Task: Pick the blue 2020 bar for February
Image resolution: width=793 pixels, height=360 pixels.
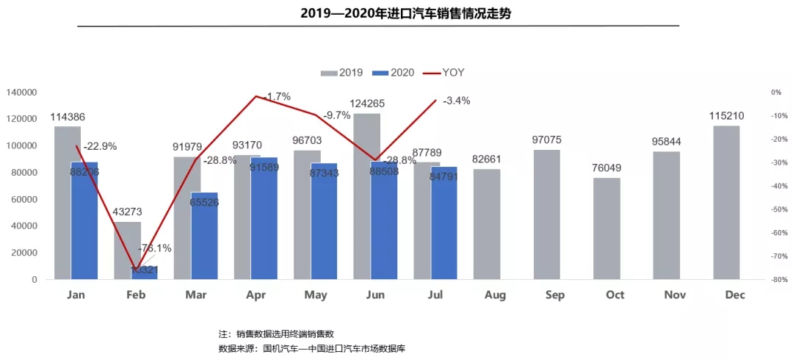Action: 145,273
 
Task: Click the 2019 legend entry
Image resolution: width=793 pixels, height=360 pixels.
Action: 343,73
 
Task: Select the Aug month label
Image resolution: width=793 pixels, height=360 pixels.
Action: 494,295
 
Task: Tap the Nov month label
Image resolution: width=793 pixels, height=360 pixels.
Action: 675,295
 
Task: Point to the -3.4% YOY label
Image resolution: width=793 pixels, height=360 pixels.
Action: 457,101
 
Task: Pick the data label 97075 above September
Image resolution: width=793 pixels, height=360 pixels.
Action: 546,140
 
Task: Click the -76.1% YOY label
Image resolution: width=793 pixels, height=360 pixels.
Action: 155,248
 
